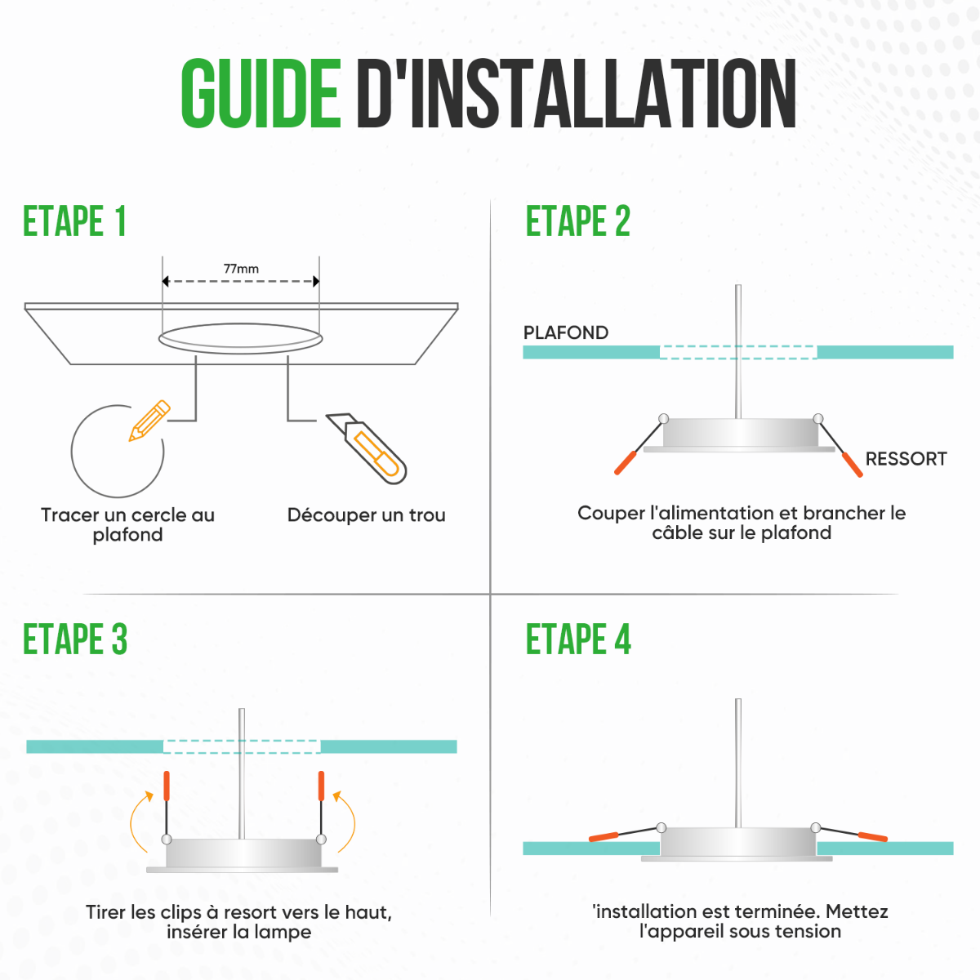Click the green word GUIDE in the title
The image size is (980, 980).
click(261, 93)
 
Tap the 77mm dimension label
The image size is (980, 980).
click(241, 269)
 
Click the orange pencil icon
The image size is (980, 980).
click(149, 420)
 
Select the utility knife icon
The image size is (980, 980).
click(366, 448)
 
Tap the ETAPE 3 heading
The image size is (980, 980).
click(75, 639)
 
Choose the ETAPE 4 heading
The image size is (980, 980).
click(578, 639)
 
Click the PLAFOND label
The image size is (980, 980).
click(565, 332)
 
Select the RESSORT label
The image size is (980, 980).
click(906, 459)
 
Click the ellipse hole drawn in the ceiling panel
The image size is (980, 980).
click(241, 338)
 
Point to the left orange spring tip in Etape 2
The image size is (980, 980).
click(626, 463)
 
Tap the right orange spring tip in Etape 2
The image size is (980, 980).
click(853, 465)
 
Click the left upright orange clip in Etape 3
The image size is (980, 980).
click(167, 786)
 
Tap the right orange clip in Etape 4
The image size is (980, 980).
click(873, 836)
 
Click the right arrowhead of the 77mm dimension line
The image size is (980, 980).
click(316, 281)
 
